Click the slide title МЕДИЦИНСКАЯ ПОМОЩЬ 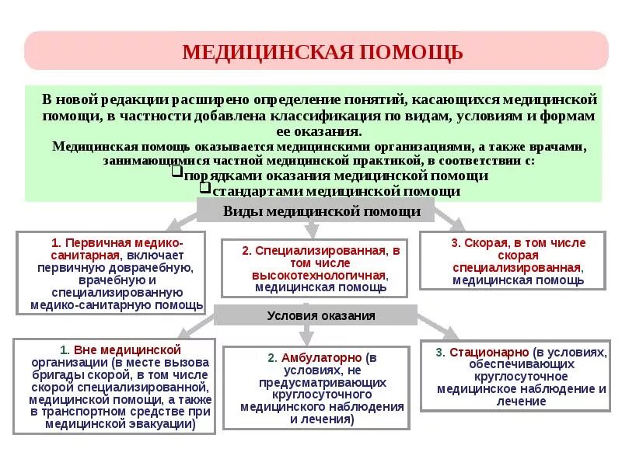pos(322,52)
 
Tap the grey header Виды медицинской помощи pos(322,210)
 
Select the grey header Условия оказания pos(321,315)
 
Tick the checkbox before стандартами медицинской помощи pos(205,187)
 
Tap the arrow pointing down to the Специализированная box pos(313,228)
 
